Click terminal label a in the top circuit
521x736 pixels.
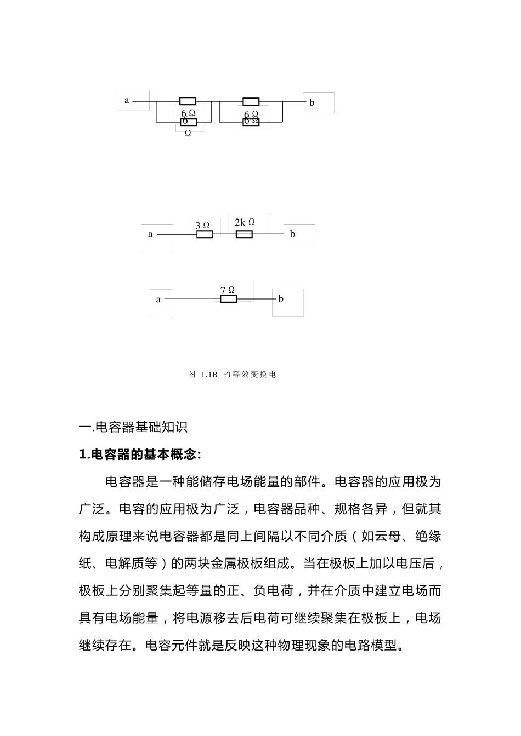click(127, 101)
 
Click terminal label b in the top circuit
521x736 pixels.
click(312, 102)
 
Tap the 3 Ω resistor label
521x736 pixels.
click(202, 225)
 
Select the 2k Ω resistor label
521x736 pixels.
click(245, 222)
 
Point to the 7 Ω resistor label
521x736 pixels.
click(228, 290)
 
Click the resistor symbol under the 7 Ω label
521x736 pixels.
click(228, 299)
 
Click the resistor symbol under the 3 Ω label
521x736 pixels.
click(205, 234)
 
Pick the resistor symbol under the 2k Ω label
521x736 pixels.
click(244, 234)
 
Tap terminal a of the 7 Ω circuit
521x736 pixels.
click(158, 300)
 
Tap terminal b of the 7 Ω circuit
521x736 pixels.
click(281, 299)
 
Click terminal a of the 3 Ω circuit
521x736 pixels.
click(150, 234)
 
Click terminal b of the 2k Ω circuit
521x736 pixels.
click(293, 234)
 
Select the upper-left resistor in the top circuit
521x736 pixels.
click(188, 101)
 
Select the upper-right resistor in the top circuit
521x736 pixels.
click(251, 101)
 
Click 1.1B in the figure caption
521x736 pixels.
click(209, 375)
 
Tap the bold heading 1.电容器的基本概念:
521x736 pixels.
click(140, 454)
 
